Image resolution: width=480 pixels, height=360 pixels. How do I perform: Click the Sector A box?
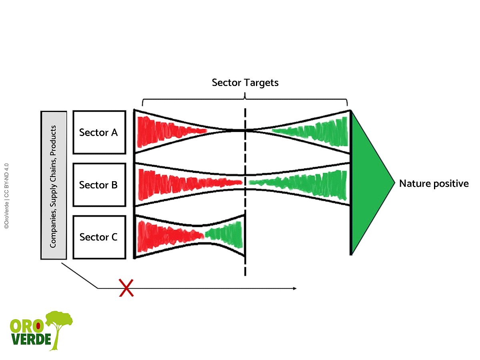point(99,132)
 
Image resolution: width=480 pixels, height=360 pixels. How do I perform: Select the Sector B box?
point(99,185)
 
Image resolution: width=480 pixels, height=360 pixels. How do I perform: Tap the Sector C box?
point(99,237)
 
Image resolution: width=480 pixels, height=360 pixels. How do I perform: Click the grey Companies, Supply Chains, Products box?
point(54,185)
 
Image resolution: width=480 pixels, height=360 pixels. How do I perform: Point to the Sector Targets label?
point(245,83)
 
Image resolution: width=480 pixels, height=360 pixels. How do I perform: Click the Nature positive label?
point(434,184)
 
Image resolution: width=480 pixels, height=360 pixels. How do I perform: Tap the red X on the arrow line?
point(126,288)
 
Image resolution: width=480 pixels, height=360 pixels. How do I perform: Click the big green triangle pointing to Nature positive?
point(368,183)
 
